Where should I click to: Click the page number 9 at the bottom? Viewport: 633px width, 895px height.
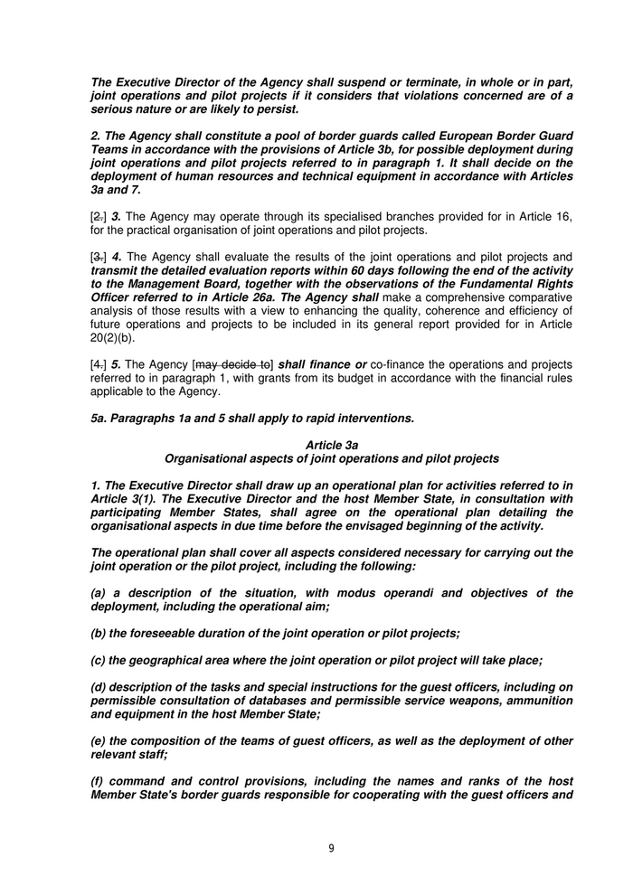click(331, 848)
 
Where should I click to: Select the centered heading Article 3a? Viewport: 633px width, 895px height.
click(332, 446)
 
